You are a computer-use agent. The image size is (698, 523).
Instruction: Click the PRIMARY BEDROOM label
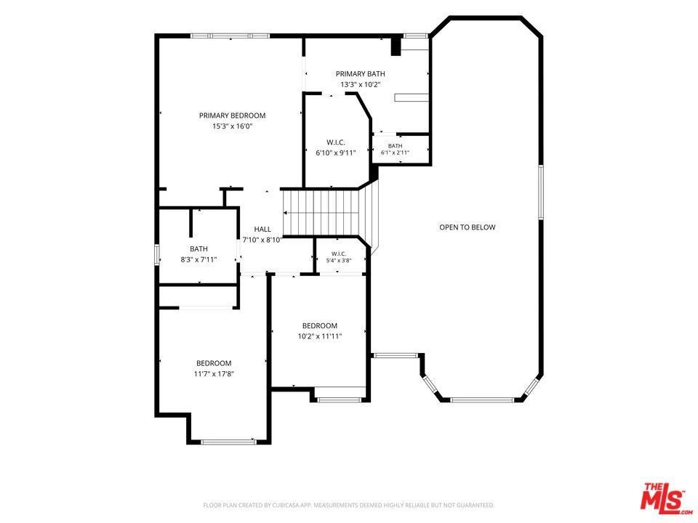pyautogui.click(x=232, y=115)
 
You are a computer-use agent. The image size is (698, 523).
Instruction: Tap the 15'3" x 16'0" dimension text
pyautogui.click(x=233, y=126)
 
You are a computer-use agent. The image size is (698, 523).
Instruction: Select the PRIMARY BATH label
pyautogui.click(x=360, y=74)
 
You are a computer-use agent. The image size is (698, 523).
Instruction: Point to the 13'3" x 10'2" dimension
pyautogui.click(x=360, y=84)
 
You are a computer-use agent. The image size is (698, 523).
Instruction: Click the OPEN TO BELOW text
pyautogui.click(x=467, y=227)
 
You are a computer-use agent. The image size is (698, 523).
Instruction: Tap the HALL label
pyautogui.click(x=262, y=230)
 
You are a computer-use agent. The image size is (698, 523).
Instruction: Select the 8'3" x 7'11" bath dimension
pyautogui.click(x=198, y=260)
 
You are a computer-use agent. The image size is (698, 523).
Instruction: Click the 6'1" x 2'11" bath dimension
pyautogui.click(x=395, y=153)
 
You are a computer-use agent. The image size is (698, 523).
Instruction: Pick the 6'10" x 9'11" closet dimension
pyautogui.click(x=336, y=153)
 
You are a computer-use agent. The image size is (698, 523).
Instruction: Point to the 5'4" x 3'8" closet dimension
pyautogui.click(x=339, y=261)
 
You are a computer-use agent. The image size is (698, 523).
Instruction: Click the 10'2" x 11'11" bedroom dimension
pyautogui.click(x=320, y=336)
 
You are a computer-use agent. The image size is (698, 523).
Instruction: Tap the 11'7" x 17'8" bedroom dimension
pyautogui.click(x=214, y=374)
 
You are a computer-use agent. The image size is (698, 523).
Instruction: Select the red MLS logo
pyautogui.click(x=666, y=497)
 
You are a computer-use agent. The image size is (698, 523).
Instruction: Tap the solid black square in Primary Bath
pyautogui.click(x=396, y=46)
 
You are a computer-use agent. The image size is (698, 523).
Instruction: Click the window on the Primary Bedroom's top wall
pyautogui.click(x=230, y=36)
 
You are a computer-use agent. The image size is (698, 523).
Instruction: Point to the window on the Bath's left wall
pyautogui.click(x=157, y=254)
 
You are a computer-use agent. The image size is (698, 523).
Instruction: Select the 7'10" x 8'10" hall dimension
pyautogui.click(x=262, y=240)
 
